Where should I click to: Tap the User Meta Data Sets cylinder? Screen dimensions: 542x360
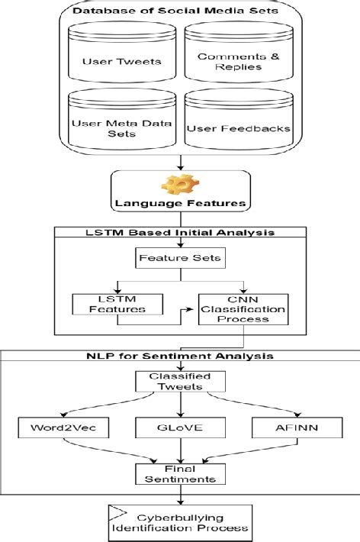(123, 122)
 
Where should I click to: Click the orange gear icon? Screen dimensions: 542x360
(181, 185)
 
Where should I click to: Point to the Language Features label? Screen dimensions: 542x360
(181, 204)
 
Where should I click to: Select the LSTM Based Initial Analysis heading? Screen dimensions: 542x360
(180, 231)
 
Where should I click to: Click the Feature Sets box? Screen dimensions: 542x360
(180, 259)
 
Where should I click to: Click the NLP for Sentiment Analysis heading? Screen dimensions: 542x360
(180, 356)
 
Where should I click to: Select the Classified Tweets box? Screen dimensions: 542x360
(180, 381)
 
